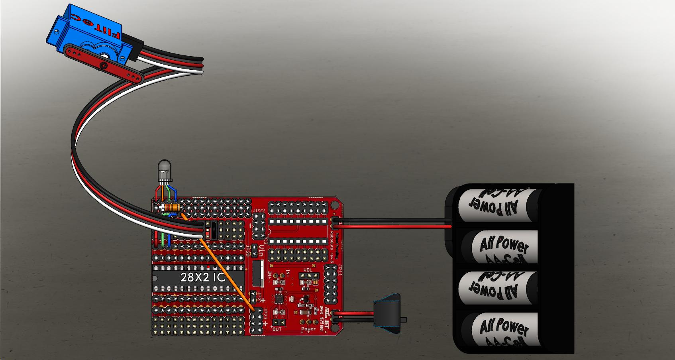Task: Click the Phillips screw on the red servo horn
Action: pos(105,65)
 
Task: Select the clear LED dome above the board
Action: pos(164,168)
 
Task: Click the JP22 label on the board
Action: pos(259,210)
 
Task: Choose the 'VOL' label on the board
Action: pos(308,270)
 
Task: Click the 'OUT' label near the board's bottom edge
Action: pos(277,329)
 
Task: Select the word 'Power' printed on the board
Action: pos(308,329)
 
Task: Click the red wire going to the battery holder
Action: pos(394,226)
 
